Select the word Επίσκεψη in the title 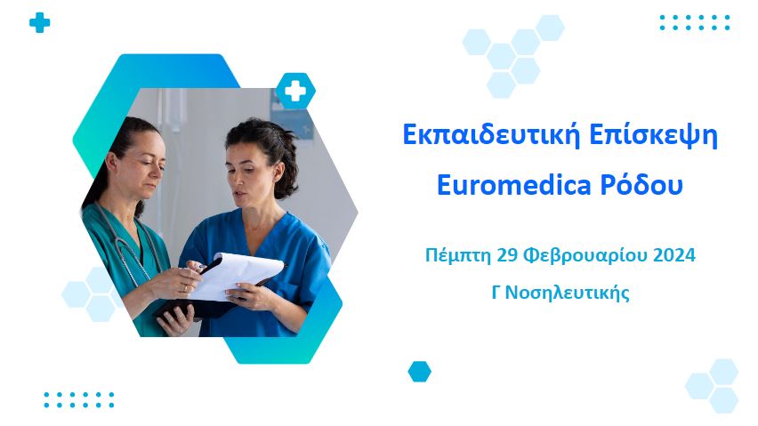click(655, 137)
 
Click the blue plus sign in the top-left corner click(39, 23)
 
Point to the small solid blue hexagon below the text click(419, 372)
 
